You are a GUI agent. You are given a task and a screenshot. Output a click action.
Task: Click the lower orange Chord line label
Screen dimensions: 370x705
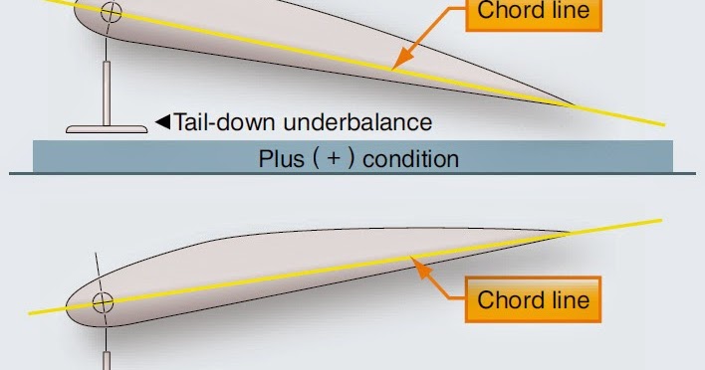click(533, 300)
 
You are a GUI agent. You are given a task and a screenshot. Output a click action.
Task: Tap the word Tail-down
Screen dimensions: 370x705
click(224, 123)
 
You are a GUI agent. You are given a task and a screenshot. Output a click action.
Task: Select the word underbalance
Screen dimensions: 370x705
click(356, 123)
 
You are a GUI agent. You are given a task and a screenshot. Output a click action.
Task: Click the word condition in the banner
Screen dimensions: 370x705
click(410, 158)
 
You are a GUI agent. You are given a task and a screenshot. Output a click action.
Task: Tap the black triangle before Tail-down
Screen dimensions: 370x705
click(162, 123)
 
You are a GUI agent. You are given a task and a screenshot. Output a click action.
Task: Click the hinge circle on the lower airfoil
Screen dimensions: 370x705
click(103, 302)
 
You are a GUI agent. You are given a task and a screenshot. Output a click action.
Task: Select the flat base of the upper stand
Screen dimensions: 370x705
click(106, 127)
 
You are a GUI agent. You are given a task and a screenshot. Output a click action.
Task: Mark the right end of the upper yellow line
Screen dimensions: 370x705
click(663, 125)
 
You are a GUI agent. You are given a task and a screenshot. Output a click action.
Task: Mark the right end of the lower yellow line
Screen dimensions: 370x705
click(659, 219)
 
